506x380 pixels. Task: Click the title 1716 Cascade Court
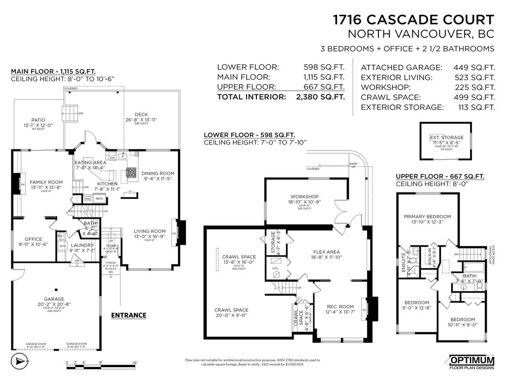[x=413, y=20]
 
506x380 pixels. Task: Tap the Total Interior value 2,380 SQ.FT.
[x=320, y=97]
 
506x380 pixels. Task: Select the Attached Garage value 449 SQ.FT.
[x=474, y=67]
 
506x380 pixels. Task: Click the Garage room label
[x=54, y=299]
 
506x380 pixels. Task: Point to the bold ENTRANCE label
[x=128, y=315]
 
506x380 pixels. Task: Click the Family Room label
[x=46, y=182]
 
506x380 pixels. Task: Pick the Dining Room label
[x=158, y=173]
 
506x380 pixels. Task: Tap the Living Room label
[x=149, y=231]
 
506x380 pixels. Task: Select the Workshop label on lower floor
[x=304, y=196]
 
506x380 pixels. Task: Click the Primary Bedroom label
[x=427, y=217]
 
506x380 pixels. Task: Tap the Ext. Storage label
[x=446, y=138]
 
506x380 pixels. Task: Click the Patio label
[x=38, y=120]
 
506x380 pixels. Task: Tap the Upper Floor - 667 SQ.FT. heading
[x=440, y=176]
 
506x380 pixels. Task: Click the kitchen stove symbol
[x=132, y=173]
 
